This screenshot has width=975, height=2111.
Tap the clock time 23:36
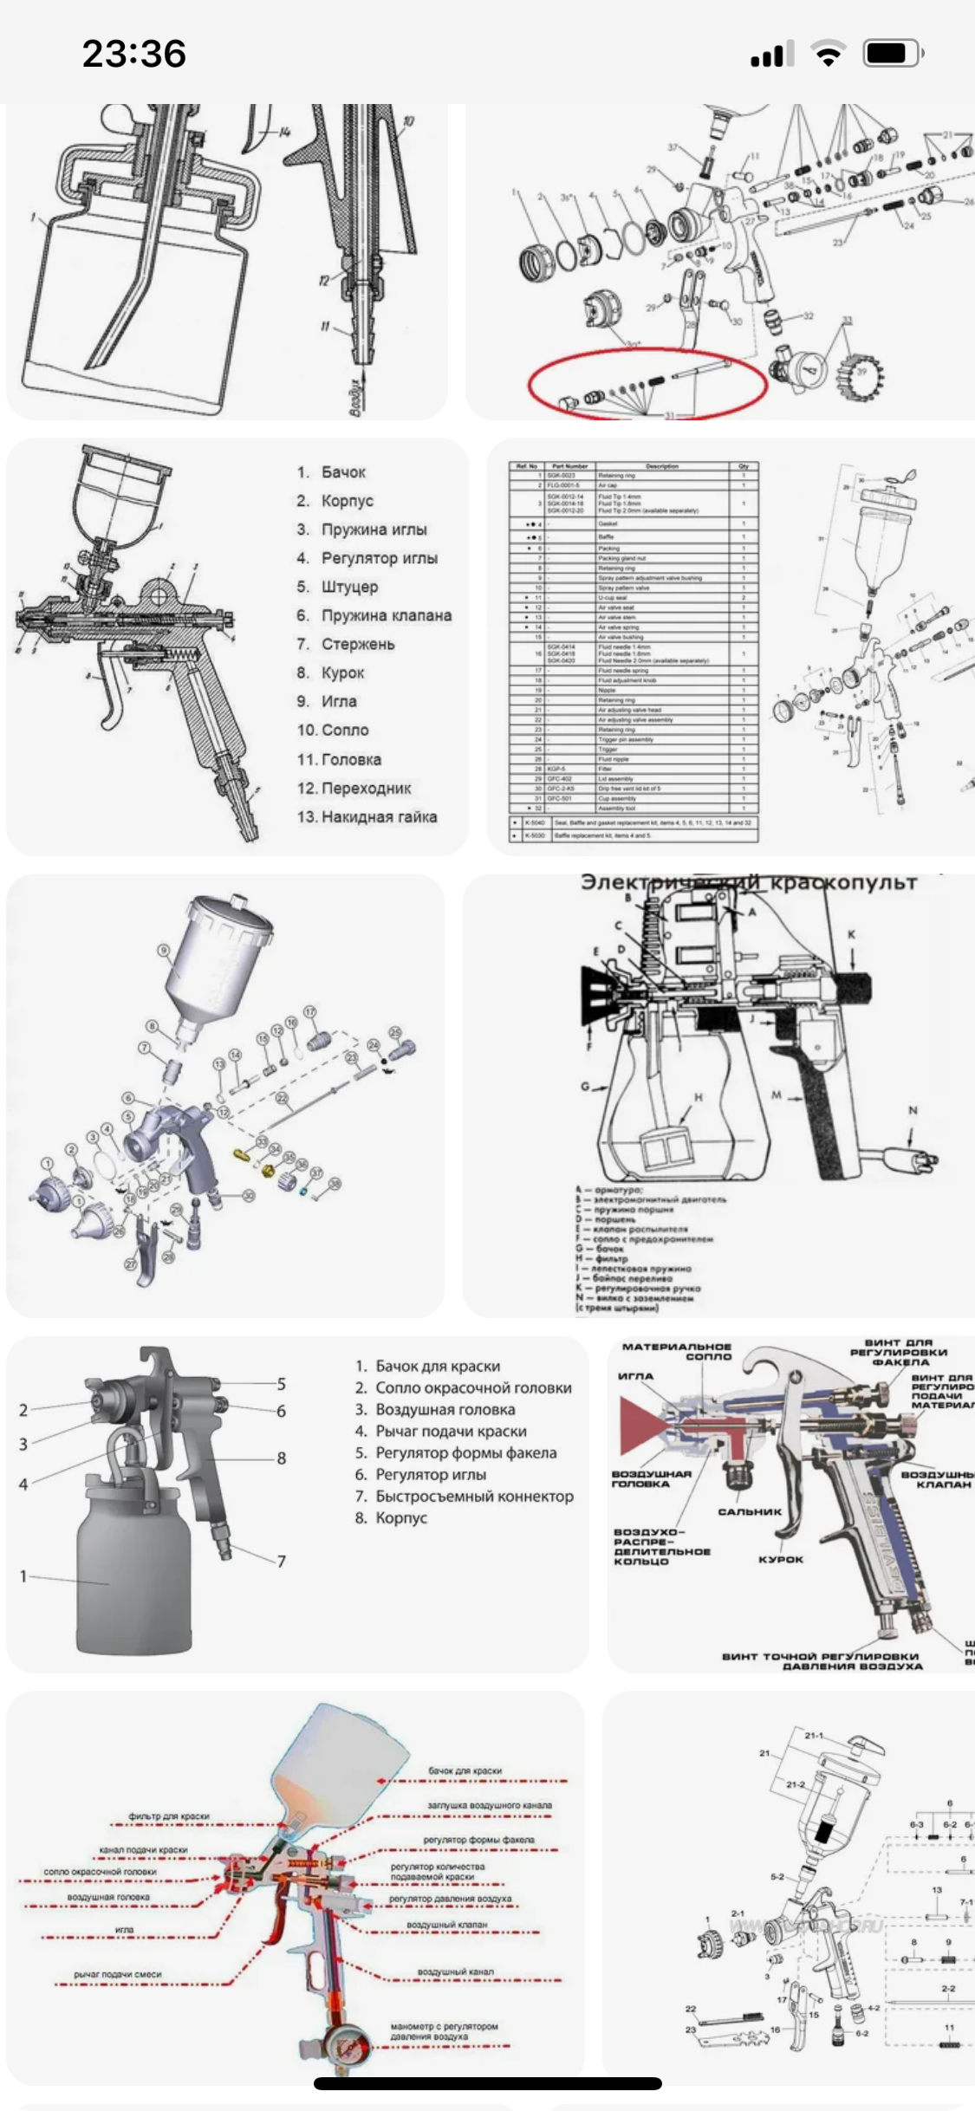coord(134,54)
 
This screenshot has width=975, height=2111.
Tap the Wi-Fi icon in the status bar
coord(828,55)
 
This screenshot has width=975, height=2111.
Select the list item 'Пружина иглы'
coord(374,529)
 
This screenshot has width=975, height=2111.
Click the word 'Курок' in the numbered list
coord(342,672)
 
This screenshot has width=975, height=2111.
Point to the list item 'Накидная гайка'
coord(379,816)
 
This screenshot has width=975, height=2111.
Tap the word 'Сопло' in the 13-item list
coord(345,730)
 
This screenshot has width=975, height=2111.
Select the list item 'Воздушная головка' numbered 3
coord(445,1410)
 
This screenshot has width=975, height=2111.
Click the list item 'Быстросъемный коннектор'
coord(474,1496)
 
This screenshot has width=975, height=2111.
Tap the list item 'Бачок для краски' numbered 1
coord(438,1367)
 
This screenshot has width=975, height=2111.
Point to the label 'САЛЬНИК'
coord(750,1511)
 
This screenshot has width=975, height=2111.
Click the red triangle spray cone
coord(641,1425)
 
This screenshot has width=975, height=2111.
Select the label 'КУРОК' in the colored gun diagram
coord(781,1559)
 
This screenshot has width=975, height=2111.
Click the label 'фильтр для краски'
coord(169,1815)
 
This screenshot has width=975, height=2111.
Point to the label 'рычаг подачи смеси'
coord(118,1974)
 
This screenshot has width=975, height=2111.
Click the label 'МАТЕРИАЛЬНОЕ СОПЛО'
coord(677,1351)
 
